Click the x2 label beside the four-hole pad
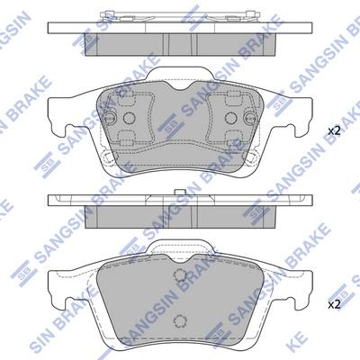pyautogui.click(x=334, y=131)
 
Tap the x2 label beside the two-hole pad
pyautogui.click(x=334, y=304)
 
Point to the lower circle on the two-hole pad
pyautogui.click(x=181, y=319)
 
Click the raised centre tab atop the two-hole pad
pyautogui.click(x=181, y=248)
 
